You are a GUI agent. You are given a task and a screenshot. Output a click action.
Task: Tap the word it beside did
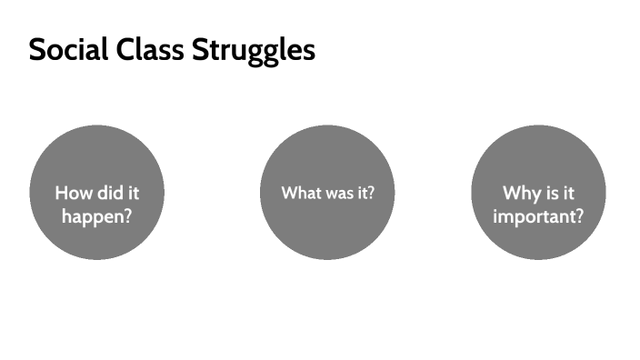click(135, 193)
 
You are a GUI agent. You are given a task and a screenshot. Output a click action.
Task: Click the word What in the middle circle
click(300, 193)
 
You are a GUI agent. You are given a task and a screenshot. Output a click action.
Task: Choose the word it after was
click(363, 193)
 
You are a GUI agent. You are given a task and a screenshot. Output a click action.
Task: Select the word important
click(534, 219)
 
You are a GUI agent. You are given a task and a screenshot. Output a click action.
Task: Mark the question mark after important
click(579, 218)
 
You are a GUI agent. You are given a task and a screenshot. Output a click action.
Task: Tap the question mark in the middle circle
click(371, 193)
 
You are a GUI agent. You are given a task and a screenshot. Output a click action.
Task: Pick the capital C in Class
click(126, 50)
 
